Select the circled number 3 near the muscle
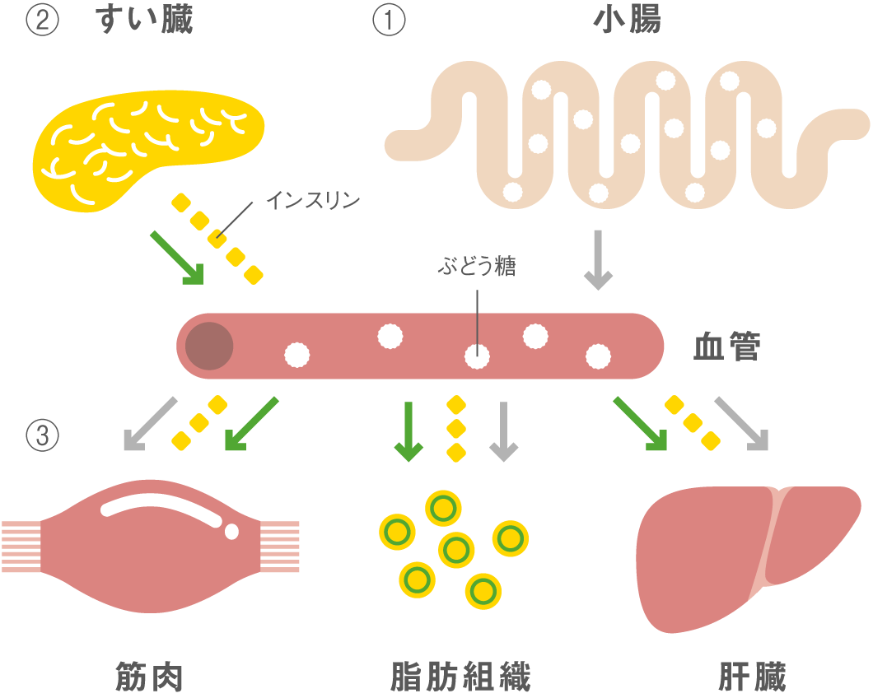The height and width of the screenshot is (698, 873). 42,435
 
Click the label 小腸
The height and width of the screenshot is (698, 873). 627,20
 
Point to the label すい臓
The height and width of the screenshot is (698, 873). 144,20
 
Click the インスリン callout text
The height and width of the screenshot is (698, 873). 314,200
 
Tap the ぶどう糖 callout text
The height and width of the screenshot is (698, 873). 477,266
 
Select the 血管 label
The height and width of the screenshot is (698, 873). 726,347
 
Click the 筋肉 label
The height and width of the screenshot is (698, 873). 149,677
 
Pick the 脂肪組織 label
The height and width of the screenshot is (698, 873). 460,677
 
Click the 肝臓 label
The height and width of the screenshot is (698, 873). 752,677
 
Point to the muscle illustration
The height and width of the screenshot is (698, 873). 151,546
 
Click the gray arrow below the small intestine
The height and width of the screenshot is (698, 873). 598,260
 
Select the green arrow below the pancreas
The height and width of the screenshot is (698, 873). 177,258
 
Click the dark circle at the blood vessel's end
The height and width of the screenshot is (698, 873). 209,346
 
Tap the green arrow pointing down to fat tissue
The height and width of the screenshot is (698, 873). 408,431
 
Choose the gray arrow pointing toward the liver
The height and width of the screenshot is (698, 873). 741,424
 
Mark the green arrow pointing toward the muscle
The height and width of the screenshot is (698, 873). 251,424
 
